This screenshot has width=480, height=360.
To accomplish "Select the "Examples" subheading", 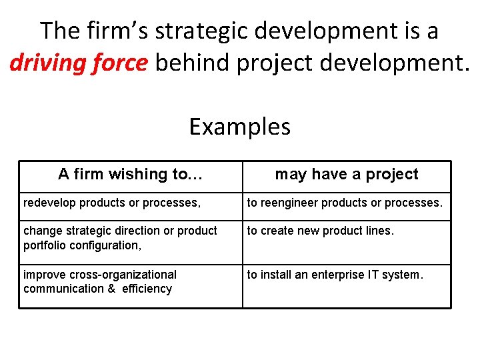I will tap(240, 126).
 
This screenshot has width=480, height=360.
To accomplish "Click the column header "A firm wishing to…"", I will tap(131, 175).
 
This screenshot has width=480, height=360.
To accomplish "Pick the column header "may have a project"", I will tap(347, 175).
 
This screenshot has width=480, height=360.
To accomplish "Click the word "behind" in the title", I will tap(193, 63).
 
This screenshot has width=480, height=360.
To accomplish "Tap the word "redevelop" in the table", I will tap(49, 203).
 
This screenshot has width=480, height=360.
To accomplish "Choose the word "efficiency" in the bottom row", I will tap(147, 289).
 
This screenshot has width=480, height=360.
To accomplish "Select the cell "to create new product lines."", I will tap(321, 231).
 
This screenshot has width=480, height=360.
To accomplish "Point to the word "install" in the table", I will tap(273, 275).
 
